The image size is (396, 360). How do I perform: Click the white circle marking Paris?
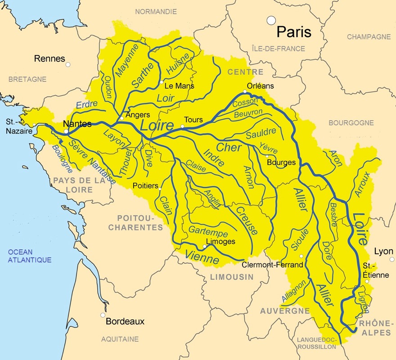tap(271, 20)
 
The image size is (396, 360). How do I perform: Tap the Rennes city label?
tap(49, 58)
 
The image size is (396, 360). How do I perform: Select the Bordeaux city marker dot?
tap(103, 315)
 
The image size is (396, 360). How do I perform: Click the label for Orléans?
tap(261, 85)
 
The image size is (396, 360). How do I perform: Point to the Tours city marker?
tap(182, 127)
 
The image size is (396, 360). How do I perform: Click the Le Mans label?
tap(180, 85)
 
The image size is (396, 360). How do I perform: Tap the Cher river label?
tap(229, 147)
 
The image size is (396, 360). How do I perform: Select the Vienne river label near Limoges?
tap(202, 258)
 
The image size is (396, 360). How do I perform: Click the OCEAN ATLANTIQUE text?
tap(29, 256)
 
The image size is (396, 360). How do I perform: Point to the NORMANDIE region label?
tap(156, 11)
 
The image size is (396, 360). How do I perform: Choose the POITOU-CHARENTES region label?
tap(135, 223)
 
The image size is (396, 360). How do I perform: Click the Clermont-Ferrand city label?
tap(272, 265)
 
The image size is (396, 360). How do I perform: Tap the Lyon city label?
tap(384, 251)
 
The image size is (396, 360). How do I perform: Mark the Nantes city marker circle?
tap(66, 132)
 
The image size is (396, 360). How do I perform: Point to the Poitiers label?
tap(145, 185)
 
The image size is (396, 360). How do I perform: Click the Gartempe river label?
tap(208, 232)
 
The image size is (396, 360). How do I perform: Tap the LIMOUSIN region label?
tap(232, 277)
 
